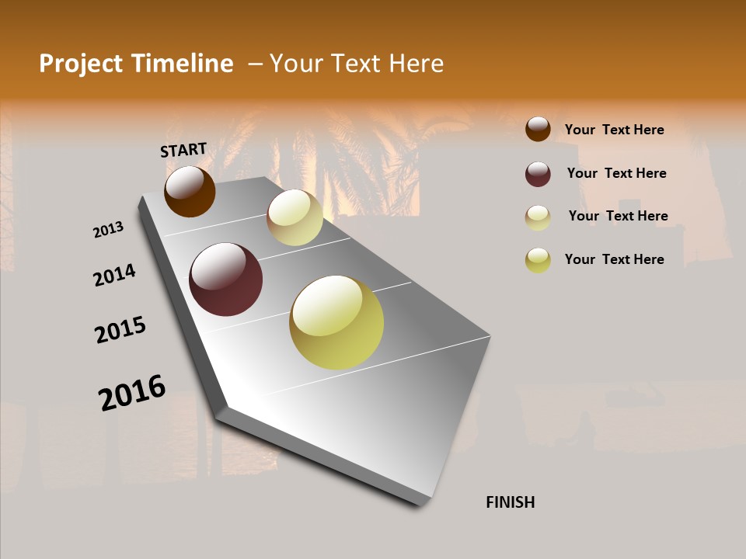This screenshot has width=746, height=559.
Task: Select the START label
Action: (183, 150)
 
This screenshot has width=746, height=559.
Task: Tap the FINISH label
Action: (511, 502)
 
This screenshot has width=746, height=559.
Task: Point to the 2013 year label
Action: (108, 230)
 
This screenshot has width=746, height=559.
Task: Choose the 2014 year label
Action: (114, 275)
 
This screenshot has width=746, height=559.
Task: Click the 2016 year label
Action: (132, 392)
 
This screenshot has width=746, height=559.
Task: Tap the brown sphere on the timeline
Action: (190, 191)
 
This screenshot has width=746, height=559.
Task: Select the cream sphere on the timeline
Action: (295, 217)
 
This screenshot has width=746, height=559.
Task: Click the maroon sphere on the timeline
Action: (225, 279)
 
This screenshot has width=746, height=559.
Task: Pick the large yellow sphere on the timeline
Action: (336, 322)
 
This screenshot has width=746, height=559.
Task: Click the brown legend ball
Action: (538, 129)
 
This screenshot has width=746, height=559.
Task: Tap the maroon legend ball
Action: (538, 174)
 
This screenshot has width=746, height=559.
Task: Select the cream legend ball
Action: (538, 217)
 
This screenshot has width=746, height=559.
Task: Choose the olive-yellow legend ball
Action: (538, 260)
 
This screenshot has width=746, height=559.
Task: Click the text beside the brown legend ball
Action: (614, 130)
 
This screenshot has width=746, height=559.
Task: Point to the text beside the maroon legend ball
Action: (616, 173)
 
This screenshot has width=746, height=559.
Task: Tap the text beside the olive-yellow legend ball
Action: (614, 259)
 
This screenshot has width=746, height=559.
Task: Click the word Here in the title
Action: (416, 64)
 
